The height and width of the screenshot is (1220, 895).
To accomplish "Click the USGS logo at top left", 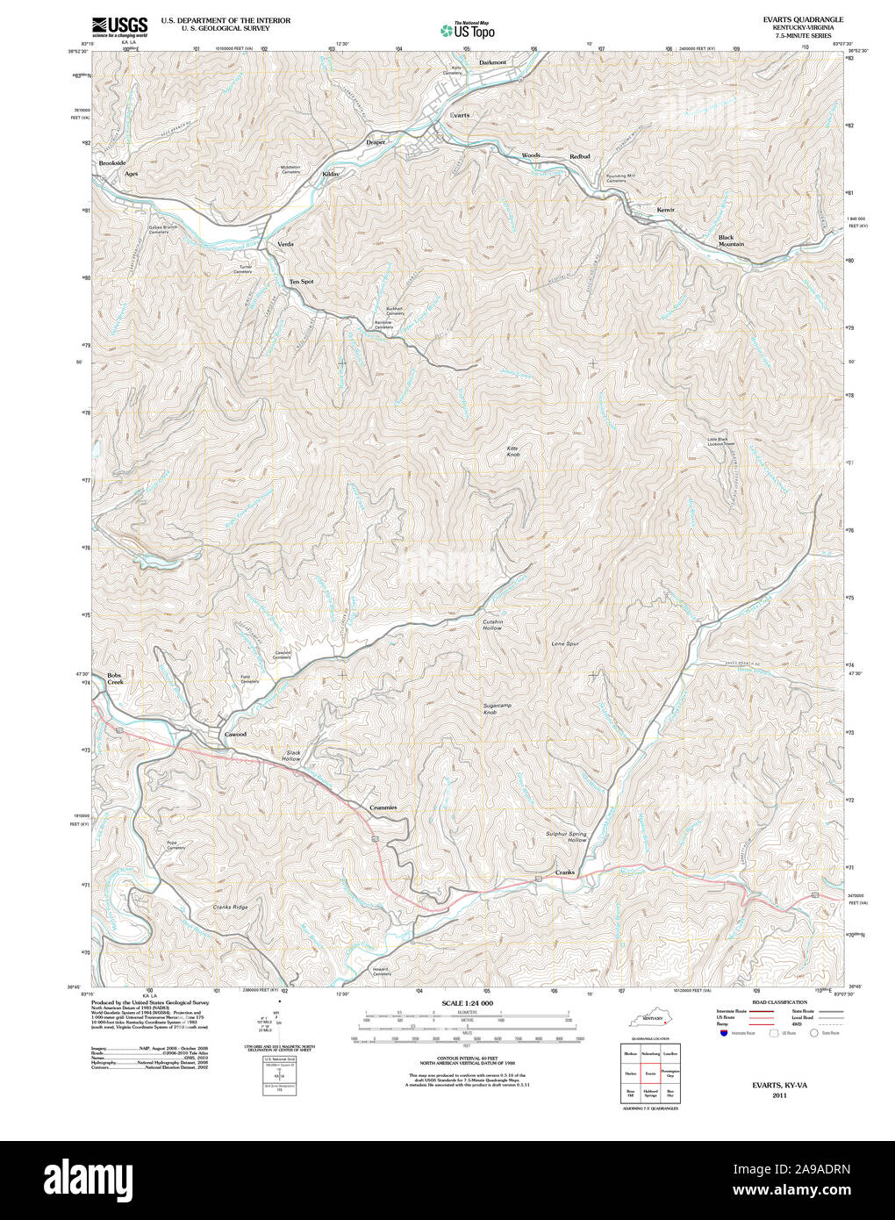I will pos(120,25).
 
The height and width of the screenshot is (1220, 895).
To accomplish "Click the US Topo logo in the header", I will pos(467,30).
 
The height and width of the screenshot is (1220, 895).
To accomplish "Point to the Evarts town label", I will pos(460,115).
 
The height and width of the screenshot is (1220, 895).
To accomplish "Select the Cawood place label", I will pos(235,734).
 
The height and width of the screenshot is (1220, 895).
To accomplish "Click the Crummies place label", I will pos(382,807).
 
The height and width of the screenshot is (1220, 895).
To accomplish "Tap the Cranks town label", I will pos(564,872).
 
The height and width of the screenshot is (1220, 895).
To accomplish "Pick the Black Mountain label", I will pos(731,240).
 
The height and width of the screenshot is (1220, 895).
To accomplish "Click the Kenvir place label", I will pos(666,210).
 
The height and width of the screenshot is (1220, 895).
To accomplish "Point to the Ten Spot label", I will pos(301,282).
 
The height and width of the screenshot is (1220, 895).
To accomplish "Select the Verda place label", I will pos(285,243).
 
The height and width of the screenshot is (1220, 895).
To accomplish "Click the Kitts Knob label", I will pos(513,451).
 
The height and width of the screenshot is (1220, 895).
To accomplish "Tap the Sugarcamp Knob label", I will pos(496,708).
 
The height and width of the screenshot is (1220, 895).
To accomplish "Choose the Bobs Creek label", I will pos(115,678).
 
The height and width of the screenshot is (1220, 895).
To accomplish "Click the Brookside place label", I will pos(112,163).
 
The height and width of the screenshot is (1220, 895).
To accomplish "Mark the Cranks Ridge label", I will pos(230,907).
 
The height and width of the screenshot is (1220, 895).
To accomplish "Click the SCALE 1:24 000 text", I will pos(467,1003).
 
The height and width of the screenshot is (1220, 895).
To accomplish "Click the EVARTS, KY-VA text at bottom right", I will pos(779,1085).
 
